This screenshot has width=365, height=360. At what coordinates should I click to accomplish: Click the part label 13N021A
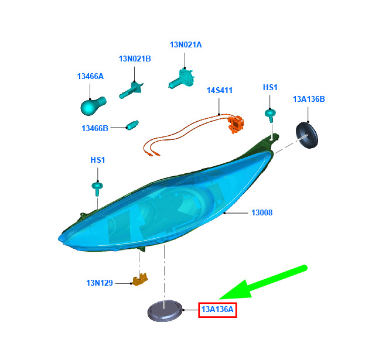click(x=186, y=44)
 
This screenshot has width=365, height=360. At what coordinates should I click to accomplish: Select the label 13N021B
click(x=135, y=59)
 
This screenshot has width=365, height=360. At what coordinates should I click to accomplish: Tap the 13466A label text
click(x=90, y=76)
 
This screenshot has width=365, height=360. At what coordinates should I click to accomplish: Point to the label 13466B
click(x=95, y=128)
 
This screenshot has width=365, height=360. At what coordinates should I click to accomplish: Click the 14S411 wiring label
click(x=220, y=90)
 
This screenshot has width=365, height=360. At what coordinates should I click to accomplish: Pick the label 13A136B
click(x=309, y=99)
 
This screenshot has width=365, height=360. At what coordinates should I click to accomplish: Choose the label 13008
click(x=262, y=212)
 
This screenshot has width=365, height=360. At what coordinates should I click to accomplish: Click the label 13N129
click(x=100, y=283)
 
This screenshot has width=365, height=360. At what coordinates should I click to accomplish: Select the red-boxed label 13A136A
click(x=217, y=310)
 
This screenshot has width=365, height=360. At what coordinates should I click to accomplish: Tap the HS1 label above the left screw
click(x=97, y=160)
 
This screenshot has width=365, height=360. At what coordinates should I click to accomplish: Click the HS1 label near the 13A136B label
click(x=270, y=87)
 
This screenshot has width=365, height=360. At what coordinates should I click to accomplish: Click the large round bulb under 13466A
click(x=93, y=106)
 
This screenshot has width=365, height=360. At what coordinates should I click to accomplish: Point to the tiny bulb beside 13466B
click(x=132, y=125)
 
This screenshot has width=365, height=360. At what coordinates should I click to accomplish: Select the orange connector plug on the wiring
click(x=236, y=125)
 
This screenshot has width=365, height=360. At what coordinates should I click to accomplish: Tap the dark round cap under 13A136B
click(x=307, y=135)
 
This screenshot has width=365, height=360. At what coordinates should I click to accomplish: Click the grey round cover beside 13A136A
click(x=165, y=311)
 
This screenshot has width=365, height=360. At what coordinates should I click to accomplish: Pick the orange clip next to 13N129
click(x=140, y=279)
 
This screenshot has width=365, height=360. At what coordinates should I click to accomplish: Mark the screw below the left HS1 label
click(x=97, y=188)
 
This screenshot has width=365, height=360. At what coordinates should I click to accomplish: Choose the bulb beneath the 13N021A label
click(x=182, y=78)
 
